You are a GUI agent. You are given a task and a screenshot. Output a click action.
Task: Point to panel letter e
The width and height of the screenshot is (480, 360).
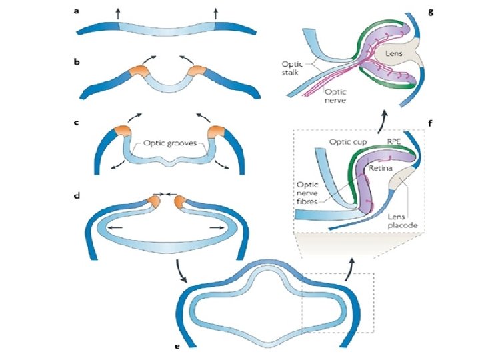(x=176, y=347)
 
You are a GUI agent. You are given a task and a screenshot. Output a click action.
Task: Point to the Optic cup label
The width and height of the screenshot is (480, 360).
(x=347, y=141)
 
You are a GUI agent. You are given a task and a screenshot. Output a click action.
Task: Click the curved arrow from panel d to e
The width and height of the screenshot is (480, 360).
(x=181, y=270)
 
